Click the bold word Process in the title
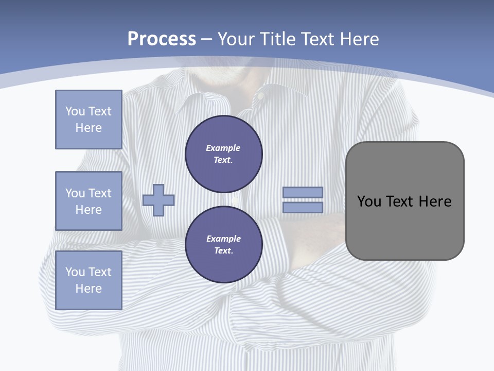point(162,39)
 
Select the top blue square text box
point(89,120)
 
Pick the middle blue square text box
point(89,201)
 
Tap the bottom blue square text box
point(89,280)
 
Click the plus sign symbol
point(158,200)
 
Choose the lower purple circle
point(224,245)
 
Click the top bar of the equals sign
point(303,192)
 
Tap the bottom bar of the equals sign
point(303,208)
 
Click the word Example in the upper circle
point(223,148)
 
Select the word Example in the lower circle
point(223,239)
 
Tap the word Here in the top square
point(89,128)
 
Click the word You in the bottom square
point(75,272)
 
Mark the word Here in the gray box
point(435,201)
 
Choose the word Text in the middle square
point(100,193)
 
